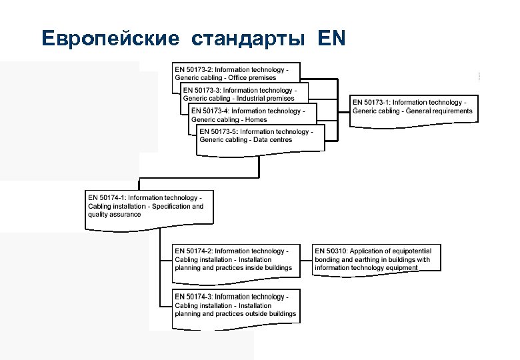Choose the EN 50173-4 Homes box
pos(253,115)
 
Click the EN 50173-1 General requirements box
pos(414,107)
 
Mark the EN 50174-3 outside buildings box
pos(236,305)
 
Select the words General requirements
pos(440,111)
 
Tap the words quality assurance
pos(115,215)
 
